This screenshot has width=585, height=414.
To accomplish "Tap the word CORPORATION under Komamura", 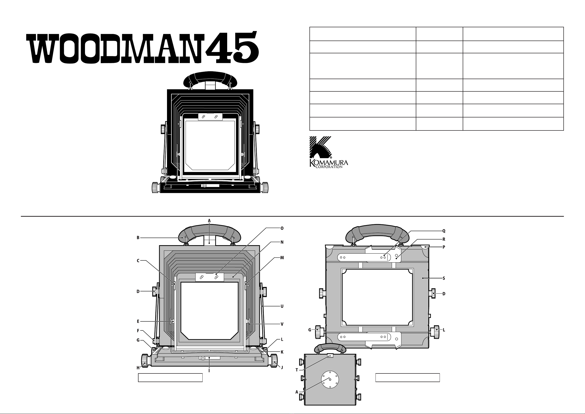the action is click(329, 167).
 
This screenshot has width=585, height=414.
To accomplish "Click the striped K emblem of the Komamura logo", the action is click(320, 148).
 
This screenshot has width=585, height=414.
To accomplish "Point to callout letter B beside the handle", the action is click(138, 238).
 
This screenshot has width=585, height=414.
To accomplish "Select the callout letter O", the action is click(282, 228).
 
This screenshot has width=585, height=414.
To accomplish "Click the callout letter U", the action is click(282, 306).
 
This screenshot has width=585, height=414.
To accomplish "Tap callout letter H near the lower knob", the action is click(138, 368).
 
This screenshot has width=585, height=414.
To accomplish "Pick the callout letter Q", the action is click(444, 231).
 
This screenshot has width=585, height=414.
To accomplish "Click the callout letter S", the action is click(444, 278).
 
